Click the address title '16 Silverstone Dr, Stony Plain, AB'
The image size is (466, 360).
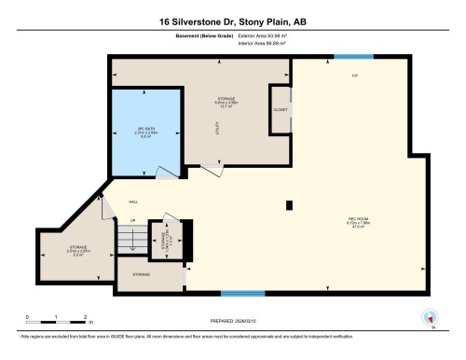pos(233,21)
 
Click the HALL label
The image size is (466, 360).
pos(133,201)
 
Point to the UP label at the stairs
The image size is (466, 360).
pos(132,221)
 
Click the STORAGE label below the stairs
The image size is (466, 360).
pos(142,275)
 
